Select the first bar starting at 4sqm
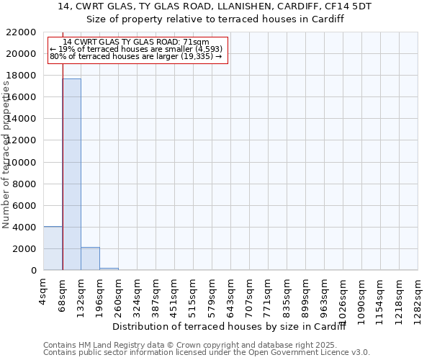coord(53,248)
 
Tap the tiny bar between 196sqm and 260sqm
coord(109,269)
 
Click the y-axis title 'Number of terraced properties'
coord(6,155)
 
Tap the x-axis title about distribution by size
coord(230,327)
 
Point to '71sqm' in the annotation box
coord(197,42)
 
